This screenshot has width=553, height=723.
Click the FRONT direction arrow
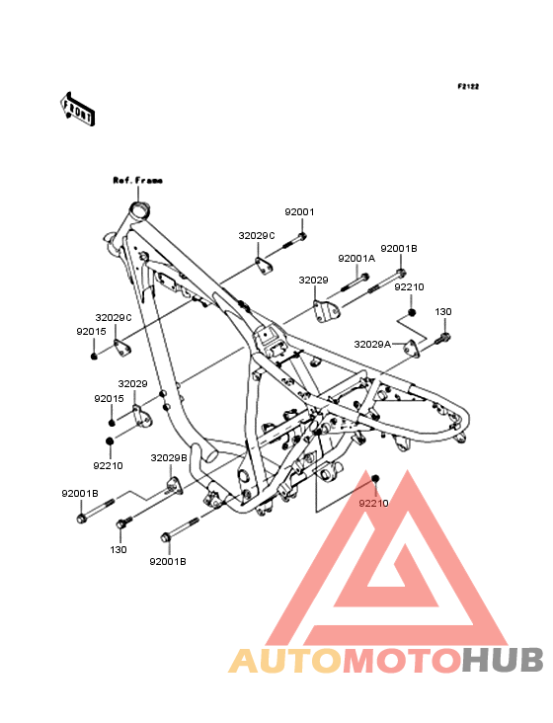click(77, 109)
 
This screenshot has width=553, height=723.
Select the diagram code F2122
click(468, 86)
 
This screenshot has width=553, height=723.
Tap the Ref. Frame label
click(138, 181)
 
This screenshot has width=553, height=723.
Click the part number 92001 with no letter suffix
click(299, 212)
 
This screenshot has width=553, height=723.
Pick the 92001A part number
click(356, 259)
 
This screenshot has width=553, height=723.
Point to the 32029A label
click(372, 344)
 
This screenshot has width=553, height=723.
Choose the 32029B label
click(169, 458)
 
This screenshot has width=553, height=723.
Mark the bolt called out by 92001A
click(355, 282)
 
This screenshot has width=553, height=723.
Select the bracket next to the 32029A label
click(412, 348)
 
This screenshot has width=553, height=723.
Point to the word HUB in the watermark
click(504, 661)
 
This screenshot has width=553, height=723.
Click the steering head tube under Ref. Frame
click(138, 211)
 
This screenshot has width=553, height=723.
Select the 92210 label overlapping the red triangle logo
click(373, 503)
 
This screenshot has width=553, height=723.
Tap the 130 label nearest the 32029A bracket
click(443, 312)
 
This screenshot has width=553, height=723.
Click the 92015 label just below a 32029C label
click(91, 332)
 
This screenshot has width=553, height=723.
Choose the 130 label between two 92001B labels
click(118, 549)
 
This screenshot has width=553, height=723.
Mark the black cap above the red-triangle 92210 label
click(375, 478)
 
